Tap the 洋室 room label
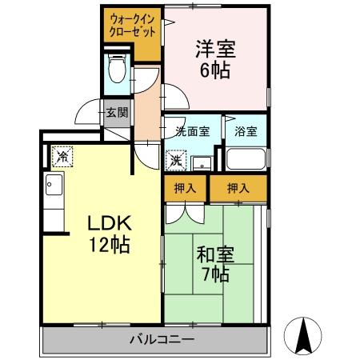point(214,48)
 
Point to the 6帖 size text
point(214,70)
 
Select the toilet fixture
point(117,70)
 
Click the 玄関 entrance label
point(116,113)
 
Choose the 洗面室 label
point(192,131)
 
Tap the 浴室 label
point(245,131)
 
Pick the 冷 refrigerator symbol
point(62,154)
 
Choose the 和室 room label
point(214,255)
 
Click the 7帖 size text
point(214,276)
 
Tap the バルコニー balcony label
point(161,340)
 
